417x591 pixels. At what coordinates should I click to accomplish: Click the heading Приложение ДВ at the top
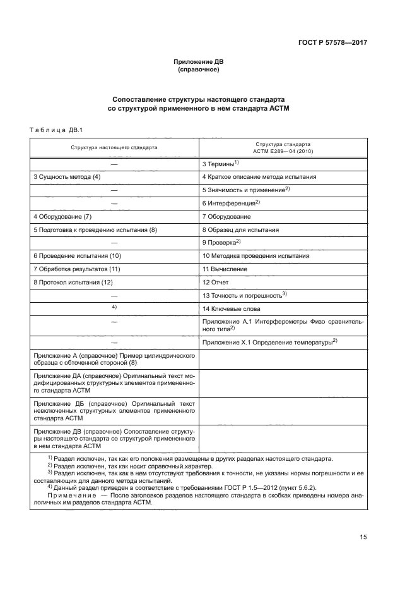point(199,62)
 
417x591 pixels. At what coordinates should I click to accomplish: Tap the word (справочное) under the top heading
point(199,70)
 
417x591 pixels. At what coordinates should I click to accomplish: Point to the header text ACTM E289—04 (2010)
point(283,151)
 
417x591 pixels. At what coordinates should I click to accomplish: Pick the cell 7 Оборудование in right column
point(226,217)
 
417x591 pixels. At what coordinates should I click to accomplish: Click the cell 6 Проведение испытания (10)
point(76,256)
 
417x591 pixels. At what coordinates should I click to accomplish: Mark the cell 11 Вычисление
point(225,269)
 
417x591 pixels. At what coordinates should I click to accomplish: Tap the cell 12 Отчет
point(215,282)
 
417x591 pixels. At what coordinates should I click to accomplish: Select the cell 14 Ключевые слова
point(231,308)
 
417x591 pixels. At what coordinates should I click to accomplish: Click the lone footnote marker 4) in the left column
point(114,307)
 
